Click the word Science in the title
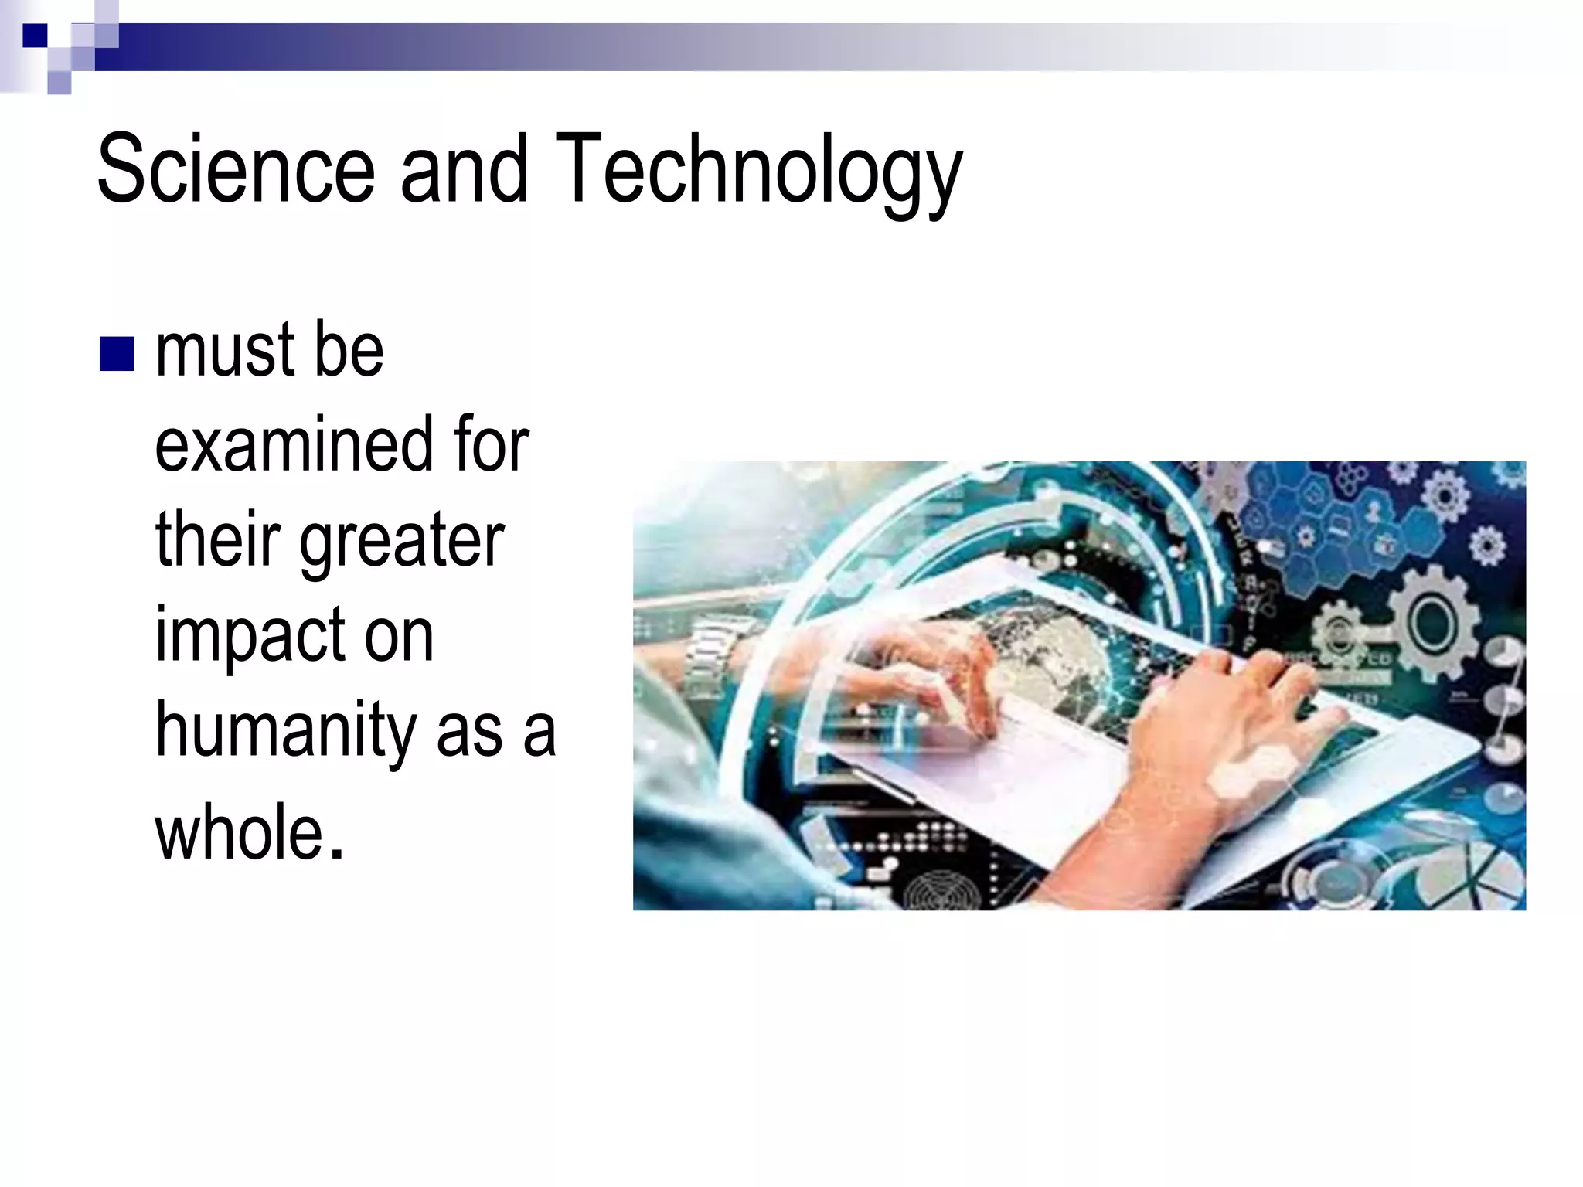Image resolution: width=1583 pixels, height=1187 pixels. coord(236,168)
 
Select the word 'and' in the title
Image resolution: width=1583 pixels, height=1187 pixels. coord(464,168)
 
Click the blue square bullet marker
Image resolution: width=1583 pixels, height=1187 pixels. coord(117,354)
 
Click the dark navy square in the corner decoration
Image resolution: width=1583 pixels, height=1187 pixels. coord(35,36)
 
